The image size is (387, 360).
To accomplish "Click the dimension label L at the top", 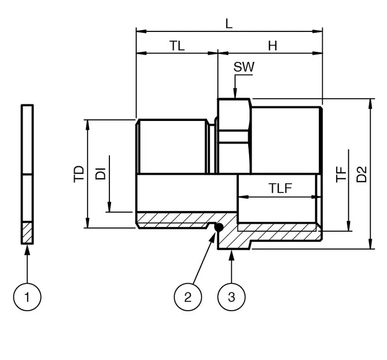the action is click(229, 24).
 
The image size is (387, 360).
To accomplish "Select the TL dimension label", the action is click(177, 45).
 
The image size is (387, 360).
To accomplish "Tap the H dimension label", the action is click(272, 45).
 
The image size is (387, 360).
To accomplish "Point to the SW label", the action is click(244, 67).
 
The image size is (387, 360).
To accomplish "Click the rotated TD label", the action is click(79, 174).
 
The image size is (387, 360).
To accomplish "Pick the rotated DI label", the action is click(101, 174).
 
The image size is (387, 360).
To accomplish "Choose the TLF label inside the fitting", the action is click(280, 188).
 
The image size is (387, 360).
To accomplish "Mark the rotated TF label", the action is click(341, 175).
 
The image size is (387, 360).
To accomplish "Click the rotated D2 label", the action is click(361, 174).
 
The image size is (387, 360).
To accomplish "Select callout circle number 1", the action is click(27, 297).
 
